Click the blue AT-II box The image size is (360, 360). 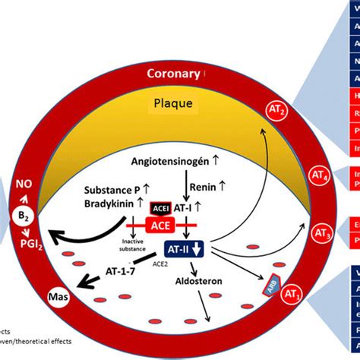pos(184,247)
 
